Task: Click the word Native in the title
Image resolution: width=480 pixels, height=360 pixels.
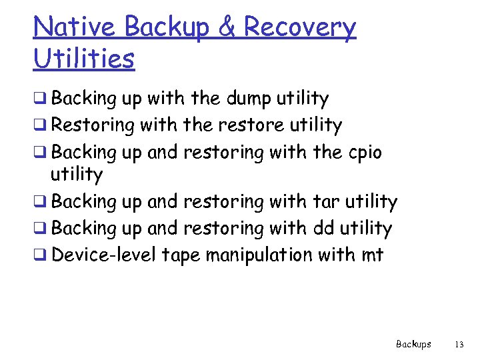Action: click(x=75, y=27)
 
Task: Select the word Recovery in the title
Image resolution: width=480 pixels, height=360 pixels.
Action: click(x=300, y=27)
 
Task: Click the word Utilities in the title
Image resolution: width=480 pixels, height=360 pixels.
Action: click(x=83, y=59)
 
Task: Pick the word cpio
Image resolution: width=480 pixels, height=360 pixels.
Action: click(x=365, y=152)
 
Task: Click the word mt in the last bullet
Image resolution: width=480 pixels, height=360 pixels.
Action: click(x=374, y=255)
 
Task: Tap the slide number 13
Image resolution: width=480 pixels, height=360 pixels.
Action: click(x=458, y=345)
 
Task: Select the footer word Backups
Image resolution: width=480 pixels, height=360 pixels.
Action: click(x=413, y=345)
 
